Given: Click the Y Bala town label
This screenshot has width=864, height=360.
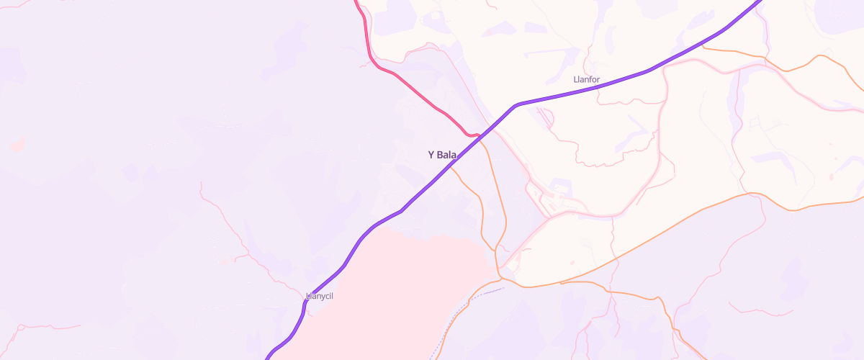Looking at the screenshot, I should (x=443, y=155).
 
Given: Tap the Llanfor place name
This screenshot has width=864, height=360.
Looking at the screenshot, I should (x=587, y=79).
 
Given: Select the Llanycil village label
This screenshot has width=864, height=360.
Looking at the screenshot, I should (x=320, y=296).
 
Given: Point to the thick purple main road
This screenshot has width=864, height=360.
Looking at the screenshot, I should (x=374, y=227).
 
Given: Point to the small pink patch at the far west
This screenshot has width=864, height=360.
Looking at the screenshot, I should (x=18, y=146).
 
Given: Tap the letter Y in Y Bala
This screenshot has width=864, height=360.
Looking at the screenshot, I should (x=431, y=155).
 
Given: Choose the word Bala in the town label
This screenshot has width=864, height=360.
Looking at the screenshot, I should (x=447, y=155).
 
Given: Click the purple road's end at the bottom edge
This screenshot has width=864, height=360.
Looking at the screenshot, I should (x=267, y=357).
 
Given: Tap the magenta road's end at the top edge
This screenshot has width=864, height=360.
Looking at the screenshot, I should (x=357, y=2).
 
